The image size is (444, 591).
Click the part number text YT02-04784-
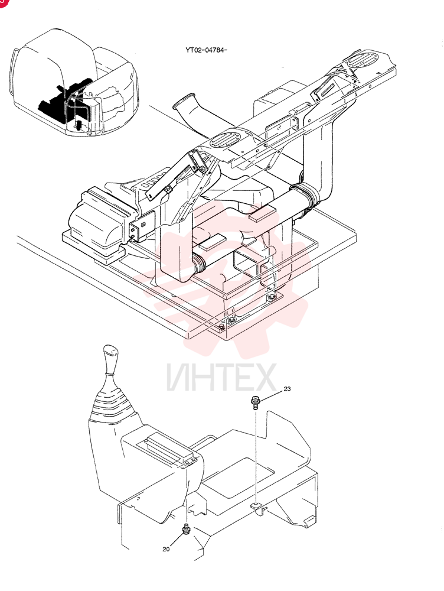point(207,50)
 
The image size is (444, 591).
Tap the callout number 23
point(288,389)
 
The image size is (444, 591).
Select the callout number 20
point(166,549)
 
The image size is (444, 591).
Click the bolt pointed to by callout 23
point(256,402)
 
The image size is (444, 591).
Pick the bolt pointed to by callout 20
point(185,529)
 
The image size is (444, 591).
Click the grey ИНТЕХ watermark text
point(221,377)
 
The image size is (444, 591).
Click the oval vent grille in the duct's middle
point(225,140)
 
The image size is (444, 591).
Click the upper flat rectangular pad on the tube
point(263,213)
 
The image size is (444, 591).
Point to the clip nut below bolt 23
point(257,507)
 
